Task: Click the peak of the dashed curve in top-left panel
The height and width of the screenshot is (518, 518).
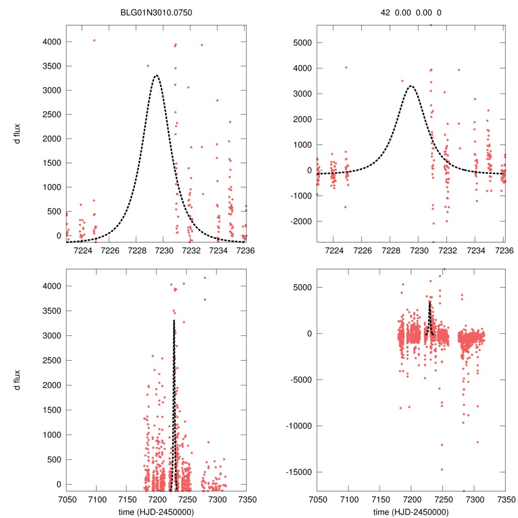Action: pos(156,75)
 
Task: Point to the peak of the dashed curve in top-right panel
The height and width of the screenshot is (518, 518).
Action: pos(411,85)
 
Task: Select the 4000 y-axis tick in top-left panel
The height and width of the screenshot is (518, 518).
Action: pos(51,41)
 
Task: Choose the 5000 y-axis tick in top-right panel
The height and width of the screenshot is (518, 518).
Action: pos(303,42)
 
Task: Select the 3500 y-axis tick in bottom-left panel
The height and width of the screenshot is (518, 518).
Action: pos(51,311)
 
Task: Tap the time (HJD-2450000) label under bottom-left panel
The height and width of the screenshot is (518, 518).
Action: pos(156,511)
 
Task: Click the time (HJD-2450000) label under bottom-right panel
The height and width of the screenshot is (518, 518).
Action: pos(411,511)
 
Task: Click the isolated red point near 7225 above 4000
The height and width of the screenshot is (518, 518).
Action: pos(94,40)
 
